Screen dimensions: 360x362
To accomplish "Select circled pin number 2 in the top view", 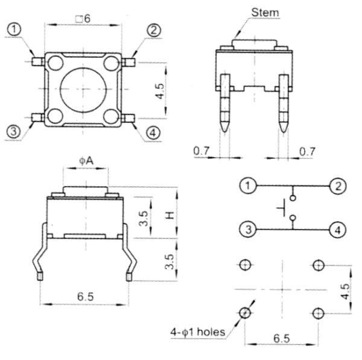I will (x=154, y=30).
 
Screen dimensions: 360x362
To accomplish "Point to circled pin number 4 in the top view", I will (x=154, y=132).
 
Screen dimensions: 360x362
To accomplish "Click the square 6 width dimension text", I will (x=82, y=19).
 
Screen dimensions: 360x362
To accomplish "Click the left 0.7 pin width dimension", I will (x=201, y=150).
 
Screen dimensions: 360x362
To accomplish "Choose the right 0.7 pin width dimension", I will (x=306, y=150).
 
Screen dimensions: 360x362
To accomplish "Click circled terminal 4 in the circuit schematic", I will (x=337, y=229).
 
